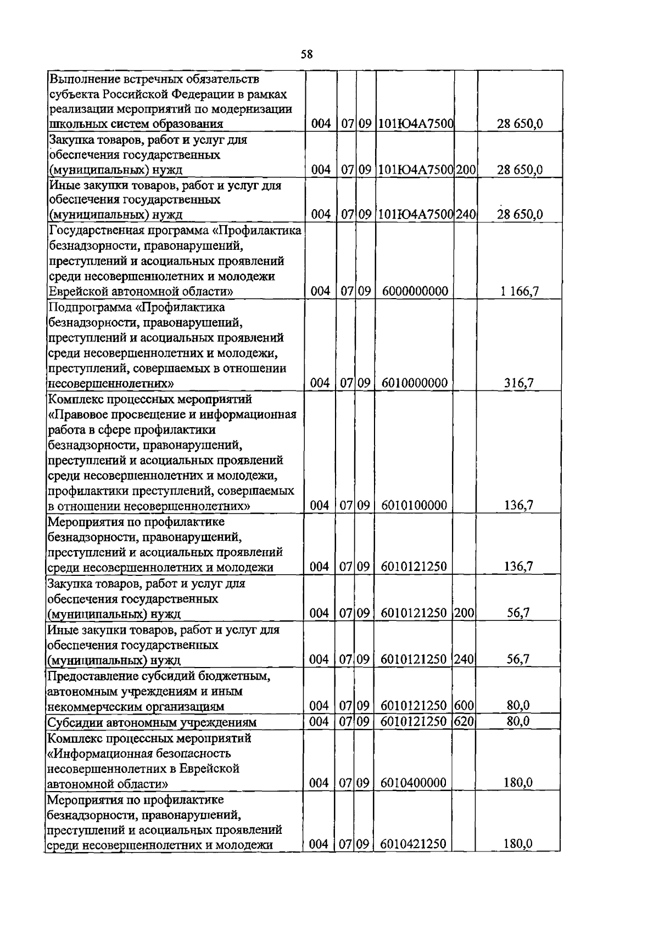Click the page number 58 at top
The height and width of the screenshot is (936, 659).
[307, 54]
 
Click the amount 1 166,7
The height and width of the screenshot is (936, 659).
[519, 291]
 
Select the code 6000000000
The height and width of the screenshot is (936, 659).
[415, 291]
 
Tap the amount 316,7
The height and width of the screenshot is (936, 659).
[519, 383]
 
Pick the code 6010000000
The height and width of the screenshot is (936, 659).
[415, 383]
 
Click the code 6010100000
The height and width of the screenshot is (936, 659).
[414, 505]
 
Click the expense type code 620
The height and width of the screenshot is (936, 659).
[464, 721]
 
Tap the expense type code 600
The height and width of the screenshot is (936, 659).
[464, 705]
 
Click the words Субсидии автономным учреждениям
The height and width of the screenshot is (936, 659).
[152, 722]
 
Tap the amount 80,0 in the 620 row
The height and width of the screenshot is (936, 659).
[518, 721]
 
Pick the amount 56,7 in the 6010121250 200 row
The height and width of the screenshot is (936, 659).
[518, 613]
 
